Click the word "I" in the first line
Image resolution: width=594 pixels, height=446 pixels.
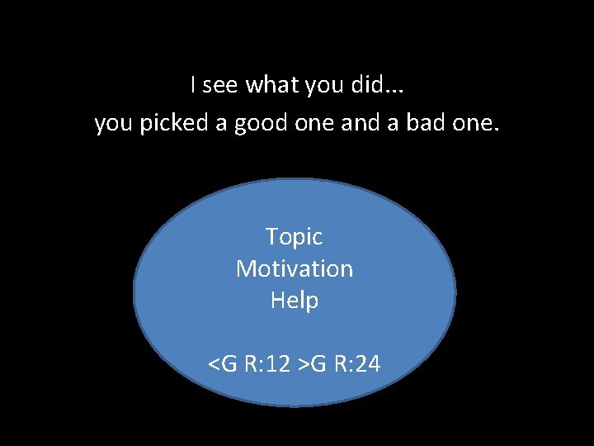[192, 84]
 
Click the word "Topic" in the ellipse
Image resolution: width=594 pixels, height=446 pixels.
[294, 238]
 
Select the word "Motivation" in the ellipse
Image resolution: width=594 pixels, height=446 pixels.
[295, 268]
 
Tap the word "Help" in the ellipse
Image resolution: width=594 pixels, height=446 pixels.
[295, 301]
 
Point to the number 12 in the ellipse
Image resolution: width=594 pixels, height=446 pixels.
[277, 363]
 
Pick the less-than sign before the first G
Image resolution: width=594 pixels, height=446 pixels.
[214, 364]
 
